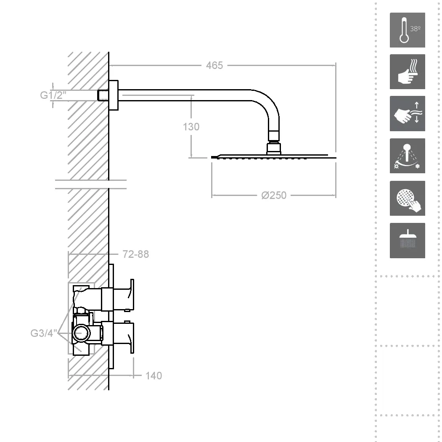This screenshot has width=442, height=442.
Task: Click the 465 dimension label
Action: [214, 66]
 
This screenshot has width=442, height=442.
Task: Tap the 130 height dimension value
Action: [191, 127]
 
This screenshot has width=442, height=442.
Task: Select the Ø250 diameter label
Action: [274, 196]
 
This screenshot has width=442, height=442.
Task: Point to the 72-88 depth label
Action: [135, 254]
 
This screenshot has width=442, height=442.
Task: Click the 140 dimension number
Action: [154, 376]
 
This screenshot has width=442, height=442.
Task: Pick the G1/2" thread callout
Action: [53, 95]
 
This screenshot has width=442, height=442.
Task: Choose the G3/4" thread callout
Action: [44, 333]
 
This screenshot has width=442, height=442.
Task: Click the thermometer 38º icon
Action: [408, 30]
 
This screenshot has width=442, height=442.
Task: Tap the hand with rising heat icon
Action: [408, 72]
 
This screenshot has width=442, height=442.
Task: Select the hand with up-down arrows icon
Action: [408, 114]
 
